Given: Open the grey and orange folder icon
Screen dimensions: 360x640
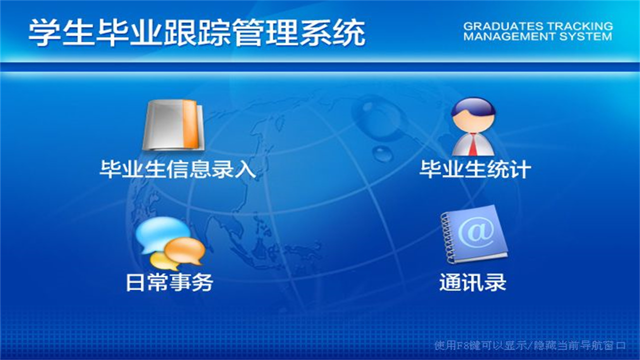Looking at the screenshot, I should [173, 125].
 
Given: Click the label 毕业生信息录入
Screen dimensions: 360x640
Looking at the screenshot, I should [177, 169].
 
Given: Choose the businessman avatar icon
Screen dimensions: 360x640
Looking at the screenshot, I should [473, 126].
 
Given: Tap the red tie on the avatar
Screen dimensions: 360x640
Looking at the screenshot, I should [473, 144].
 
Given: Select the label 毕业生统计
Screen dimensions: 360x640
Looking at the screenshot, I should [475, 169].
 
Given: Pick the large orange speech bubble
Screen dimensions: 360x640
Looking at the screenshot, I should [185, 250].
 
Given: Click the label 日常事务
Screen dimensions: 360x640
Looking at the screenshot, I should [169, 282].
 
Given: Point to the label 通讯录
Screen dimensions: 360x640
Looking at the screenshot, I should [472, 282].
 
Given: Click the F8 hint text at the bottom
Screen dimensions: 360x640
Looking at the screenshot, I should [530, 345].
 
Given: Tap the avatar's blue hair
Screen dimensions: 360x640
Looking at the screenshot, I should [473, 106].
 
